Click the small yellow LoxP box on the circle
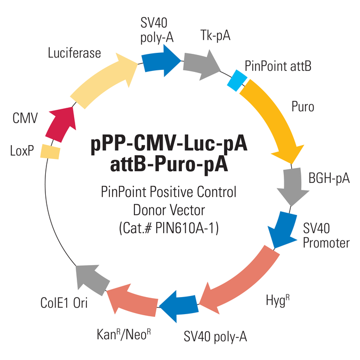coord(50,152)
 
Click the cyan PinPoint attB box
coord(235,80)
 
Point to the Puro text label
coord(303,107)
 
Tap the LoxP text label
coord(22,152)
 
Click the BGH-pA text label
coord(329,178)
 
